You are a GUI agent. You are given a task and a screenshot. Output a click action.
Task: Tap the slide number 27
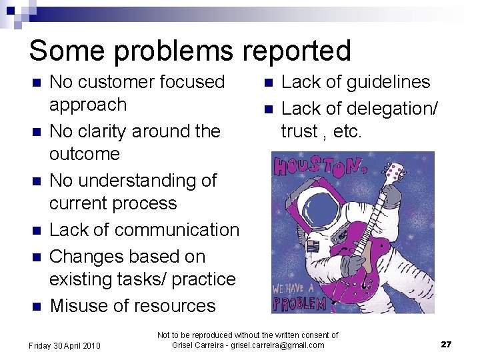[446, 345]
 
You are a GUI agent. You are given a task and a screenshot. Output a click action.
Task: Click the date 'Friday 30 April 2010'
[64, 345]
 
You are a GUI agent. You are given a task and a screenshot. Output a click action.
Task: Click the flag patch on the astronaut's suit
[313, 246]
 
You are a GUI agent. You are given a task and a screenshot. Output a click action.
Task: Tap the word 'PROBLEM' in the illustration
[299, 303]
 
